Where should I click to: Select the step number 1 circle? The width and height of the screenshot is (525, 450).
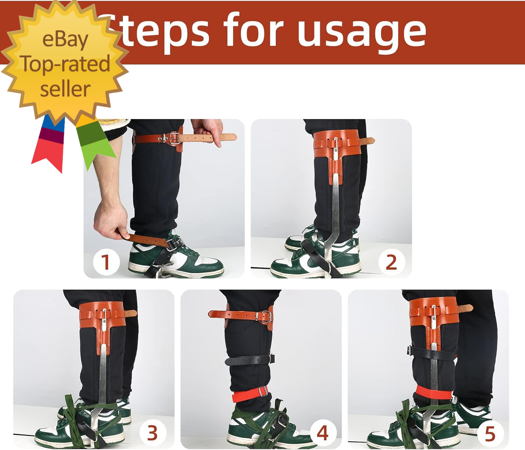click(106, 262)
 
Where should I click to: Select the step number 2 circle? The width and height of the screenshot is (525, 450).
click(391, 262)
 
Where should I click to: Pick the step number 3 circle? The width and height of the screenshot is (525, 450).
click(152, 433)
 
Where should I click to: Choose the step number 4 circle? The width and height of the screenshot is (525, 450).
click(322, 433)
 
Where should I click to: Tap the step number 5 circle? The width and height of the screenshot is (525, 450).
click(490, 433)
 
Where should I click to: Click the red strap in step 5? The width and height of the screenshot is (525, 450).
click(433, 392)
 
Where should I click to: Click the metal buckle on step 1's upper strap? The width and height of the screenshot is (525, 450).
click(174, 139)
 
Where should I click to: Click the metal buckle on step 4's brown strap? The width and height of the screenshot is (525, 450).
click(265, 316)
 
